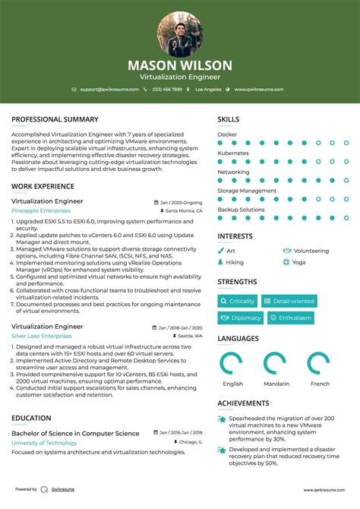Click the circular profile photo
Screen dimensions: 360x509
[x=180, y=34]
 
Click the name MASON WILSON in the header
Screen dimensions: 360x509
[x=180, y=65]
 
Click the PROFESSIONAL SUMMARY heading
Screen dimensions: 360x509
[x=55, y=119]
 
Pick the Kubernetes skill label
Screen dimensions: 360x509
[x=233, y=153]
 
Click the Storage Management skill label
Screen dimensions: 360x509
[x=247, y=191]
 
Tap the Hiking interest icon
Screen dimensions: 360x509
[x=221, y=262]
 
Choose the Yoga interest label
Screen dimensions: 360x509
[x=298, y=262]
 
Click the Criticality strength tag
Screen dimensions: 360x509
[x=238, y=302]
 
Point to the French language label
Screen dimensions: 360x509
[x=321, y=384]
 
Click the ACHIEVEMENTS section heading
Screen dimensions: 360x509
[x=243, y=403]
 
